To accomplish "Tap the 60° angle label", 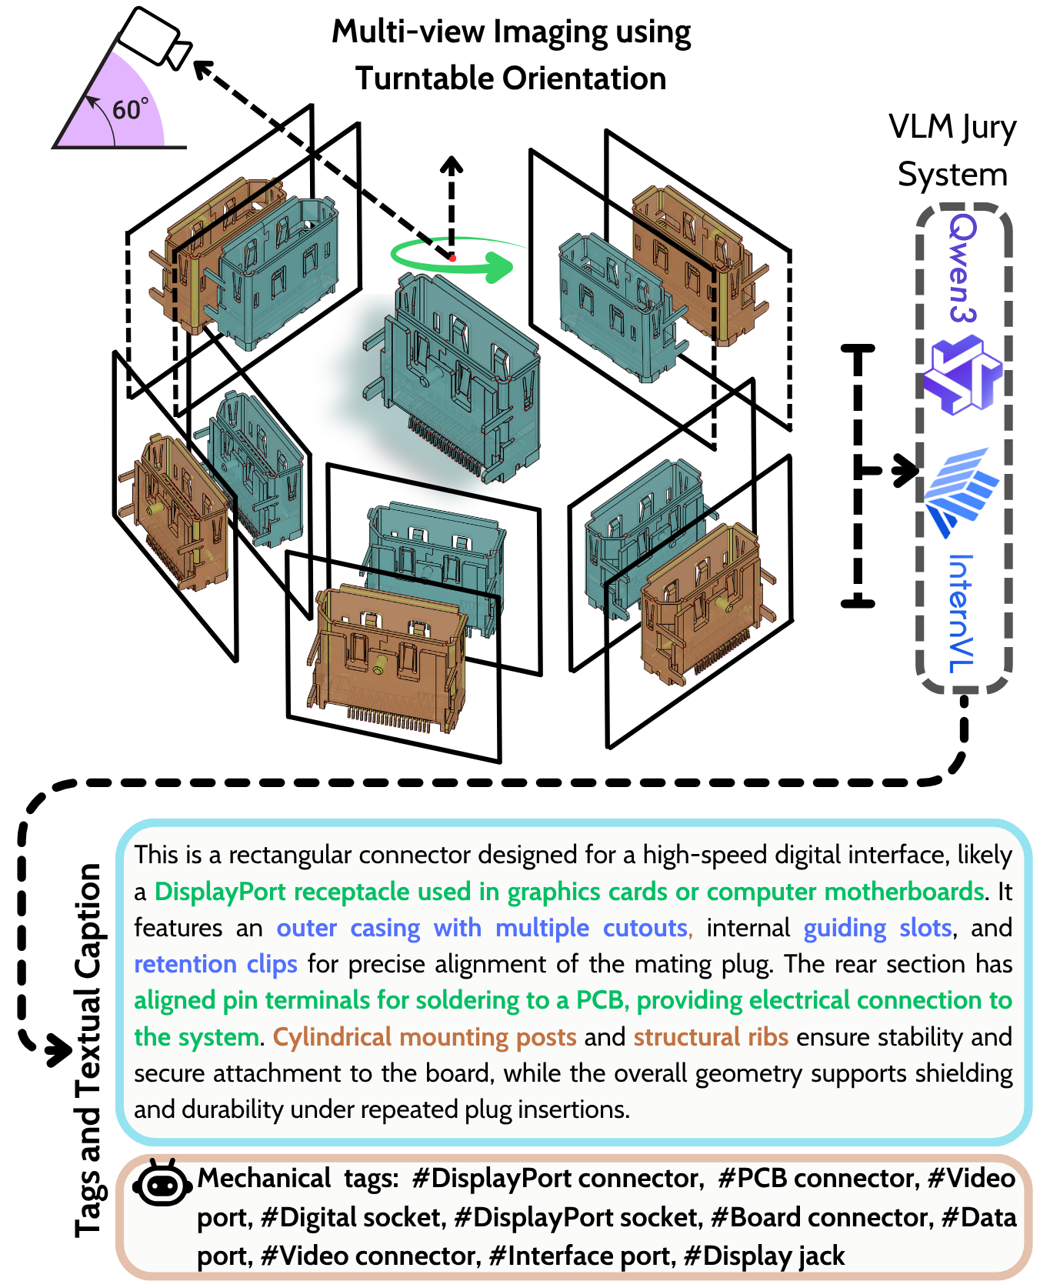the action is tap(130, 109).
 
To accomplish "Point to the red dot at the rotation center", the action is tap(452, 258).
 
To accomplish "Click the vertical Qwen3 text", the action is tap(962, 268).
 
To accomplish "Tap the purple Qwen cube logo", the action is tap(963, 375).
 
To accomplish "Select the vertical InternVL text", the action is tap(962, 613).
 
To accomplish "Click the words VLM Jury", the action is tap(952, 128).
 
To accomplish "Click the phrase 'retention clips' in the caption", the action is tap(215, 964).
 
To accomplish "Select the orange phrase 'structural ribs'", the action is tap(711, 1036).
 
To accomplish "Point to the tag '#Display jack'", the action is tap(764, 1256).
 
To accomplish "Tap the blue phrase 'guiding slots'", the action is tap(878, 928).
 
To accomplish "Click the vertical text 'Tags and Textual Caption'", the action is tap(89, 1050).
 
